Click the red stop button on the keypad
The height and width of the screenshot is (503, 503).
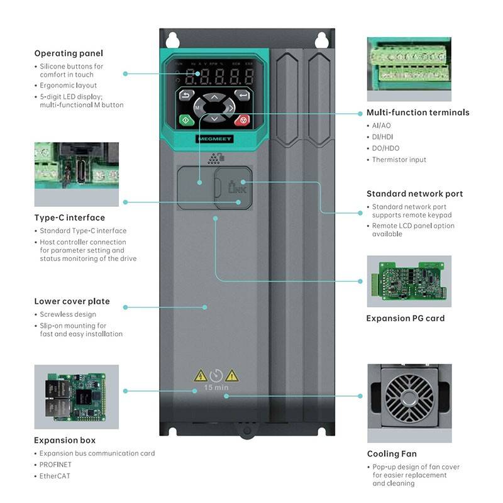point(241,119)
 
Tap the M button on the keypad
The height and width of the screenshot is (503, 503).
point(197,108)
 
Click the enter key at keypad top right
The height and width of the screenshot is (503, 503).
point(241,96)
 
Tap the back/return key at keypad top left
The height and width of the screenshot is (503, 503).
point(186,96)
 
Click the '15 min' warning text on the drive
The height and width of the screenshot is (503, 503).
point(216,387)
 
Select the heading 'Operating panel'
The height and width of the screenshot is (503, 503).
point(69,53)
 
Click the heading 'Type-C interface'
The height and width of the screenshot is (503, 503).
point(69,218)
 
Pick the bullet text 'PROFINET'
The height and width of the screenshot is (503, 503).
point(55,465)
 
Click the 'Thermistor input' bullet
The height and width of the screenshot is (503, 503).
point(399,160)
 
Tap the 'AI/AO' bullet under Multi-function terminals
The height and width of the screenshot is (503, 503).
point(381,126)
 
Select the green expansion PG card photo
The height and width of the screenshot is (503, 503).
point(409,281)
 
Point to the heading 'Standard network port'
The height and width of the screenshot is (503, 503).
point(414,194)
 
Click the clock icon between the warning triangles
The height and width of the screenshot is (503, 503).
point(216,375)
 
